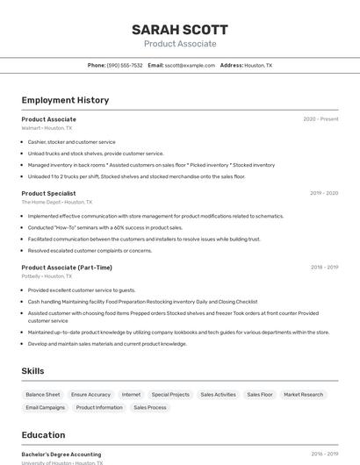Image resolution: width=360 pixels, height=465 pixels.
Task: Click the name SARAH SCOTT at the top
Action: click(x=179, y=29)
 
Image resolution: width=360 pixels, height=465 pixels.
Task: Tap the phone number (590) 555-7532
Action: click(x=125, y=65)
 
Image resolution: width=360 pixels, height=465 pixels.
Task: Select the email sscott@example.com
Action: click(x=190, y=65)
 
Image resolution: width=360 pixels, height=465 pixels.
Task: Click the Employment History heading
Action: click(x=65, y=100)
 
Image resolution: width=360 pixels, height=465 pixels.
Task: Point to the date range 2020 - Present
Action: click(x=320, y=119)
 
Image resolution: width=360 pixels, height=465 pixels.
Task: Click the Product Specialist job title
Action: click(x=48, y=193)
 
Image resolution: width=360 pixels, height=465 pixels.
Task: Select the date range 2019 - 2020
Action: click(x=324, y=193)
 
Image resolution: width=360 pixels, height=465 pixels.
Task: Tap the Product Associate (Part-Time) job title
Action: click(x=67, y=268)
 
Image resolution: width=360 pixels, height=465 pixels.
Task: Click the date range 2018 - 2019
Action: click(x=324, y=268)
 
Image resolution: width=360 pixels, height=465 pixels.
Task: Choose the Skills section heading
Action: click(x=33, y=371)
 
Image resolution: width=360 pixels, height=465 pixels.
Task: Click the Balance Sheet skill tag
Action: click(x=43, y=395)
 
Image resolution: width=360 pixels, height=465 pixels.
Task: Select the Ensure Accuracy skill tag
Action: click(x=90, y=395)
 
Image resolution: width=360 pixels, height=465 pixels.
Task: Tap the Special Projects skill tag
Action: click(x=170, y=395)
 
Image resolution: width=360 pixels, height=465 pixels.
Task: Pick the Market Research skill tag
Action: click(x=303, y=395)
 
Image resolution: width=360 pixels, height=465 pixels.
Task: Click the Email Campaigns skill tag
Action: click(x=46, y=407)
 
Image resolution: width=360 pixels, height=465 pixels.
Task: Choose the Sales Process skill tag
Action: click(x=150, y=407)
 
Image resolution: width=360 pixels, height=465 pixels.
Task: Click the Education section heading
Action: click(x=43, y=435)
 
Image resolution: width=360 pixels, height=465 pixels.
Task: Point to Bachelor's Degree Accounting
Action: click(x=61, y=454)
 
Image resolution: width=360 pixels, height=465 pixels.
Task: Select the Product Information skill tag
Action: click(x=99, y=407)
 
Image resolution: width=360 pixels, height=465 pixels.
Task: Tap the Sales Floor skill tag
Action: click(x=259, y=395)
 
